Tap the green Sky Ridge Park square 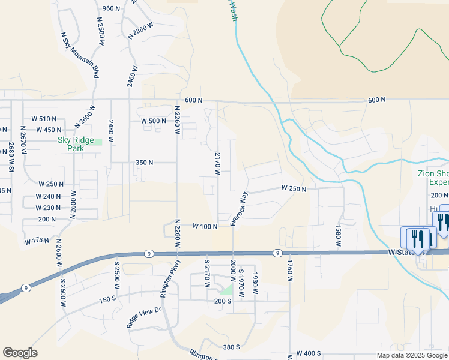coord(97,142)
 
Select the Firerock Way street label coord(238,209)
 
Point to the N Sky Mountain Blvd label coord(80,53)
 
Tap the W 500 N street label coord(153,121)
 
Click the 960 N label coord(112,8)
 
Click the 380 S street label coord(231,347)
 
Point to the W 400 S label coord(309,355)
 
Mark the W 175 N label coord(36,241)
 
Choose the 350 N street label coord(145,163)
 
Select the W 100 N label coord(204,226)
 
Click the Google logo coord(20,353)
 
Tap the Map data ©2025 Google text coord(412,355)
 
